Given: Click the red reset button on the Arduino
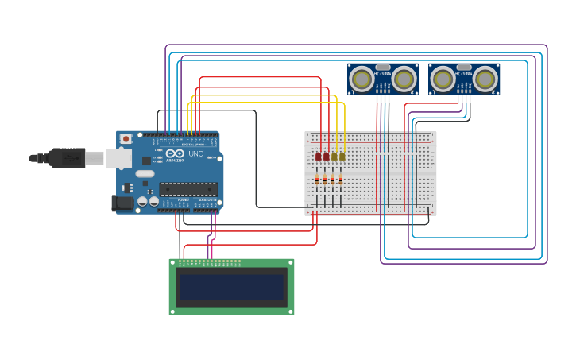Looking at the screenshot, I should point(126,139).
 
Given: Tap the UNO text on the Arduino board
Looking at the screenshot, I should point(195,153).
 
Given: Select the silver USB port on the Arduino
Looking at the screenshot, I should point(118,158).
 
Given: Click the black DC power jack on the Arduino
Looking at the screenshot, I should point(122,203).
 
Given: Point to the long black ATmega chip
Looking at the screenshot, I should point(187,189).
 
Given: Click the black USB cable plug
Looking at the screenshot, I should point(68,158).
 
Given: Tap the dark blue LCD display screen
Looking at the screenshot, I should point(231,287).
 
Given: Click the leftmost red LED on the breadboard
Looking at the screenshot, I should point(318,157).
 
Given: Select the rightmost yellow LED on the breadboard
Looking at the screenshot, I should point(342,157).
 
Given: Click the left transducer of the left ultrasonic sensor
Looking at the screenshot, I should point(361,79).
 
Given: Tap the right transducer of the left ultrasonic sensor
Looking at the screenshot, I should point(404,79).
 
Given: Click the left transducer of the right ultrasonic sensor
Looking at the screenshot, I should point(443,79).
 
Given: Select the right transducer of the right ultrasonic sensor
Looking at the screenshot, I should point(485,79).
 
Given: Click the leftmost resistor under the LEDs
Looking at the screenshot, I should point(317,180).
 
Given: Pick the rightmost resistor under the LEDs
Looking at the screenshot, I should point(341,180).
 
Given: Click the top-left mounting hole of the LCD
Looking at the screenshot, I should point(172,262).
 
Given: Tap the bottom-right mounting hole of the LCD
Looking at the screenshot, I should point(291,312).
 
